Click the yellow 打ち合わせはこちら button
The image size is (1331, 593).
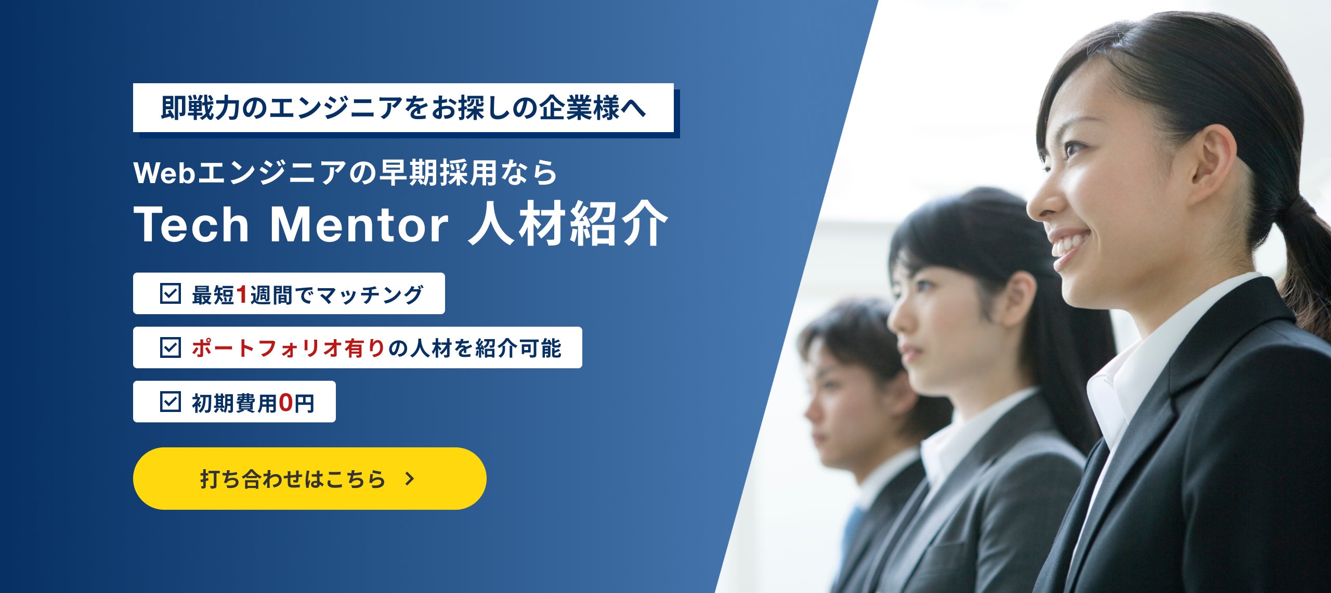pos(309,479)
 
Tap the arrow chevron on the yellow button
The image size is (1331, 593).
pos(410,479)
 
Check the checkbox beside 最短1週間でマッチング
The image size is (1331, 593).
pos(170,294)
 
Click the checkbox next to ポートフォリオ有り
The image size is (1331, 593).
pos(170,347)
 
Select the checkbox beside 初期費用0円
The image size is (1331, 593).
pos(170,402)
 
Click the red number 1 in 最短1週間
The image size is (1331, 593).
pos(241,294)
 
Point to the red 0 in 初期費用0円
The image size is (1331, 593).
pos(285,403)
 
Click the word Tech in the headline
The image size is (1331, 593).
pos(192,225)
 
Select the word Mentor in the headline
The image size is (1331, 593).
pos(359,225)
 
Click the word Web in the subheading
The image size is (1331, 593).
pos(164,173)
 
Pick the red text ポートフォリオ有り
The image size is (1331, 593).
pos(288,348)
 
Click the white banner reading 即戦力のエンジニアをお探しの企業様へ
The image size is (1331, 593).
pos(403,108)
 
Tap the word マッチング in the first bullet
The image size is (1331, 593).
pos(370,295)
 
